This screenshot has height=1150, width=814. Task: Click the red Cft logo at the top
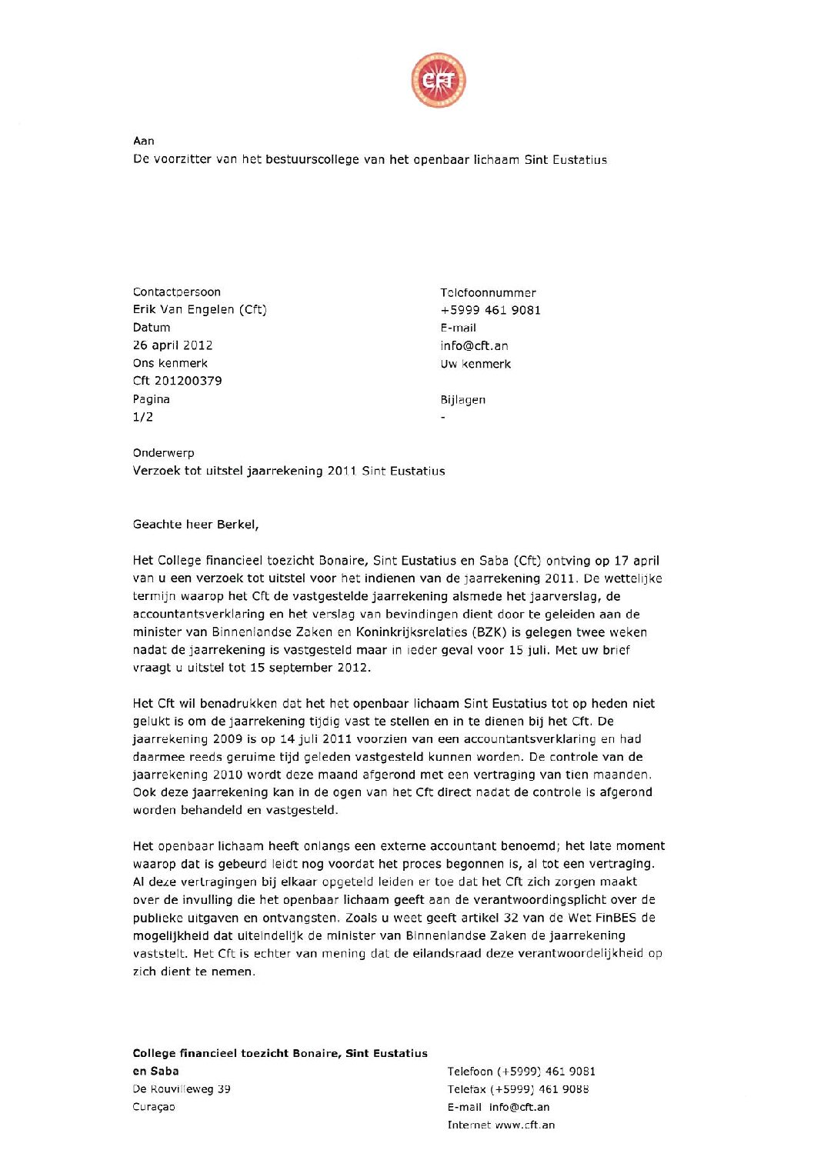coord(439,80)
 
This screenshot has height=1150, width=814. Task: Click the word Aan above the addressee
coord(144,141)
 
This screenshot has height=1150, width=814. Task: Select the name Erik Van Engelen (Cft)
coord(200,309)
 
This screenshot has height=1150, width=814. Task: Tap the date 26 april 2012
coord(173,345)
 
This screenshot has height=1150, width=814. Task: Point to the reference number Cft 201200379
coord(178,381)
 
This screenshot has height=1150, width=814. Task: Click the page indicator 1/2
coord(143,417)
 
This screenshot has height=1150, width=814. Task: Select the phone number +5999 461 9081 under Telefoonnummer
coord(491,310)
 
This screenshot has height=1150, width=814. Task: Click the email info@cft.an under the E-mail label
coord(475,346)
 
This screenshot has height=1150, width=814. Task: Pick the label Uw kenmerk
coord(475,364)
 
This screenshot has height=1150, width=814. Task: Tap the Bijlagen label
coord(463,400)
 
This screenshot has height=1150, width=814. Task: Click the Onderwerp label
coord(164,453)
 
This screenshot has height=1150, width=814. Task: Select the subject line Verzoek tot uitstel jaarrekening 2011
coord(289,471)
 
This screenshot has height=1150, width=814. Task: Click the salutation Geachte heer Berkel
coord(195,525)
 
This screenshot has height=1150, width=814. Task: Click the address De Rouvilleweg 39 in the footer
coord(182,1089)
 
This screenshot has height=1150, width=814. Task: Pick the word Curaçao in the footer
coord(154,1107)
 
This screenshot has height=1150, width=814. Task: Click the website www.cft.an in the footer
coord(525,1125)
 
